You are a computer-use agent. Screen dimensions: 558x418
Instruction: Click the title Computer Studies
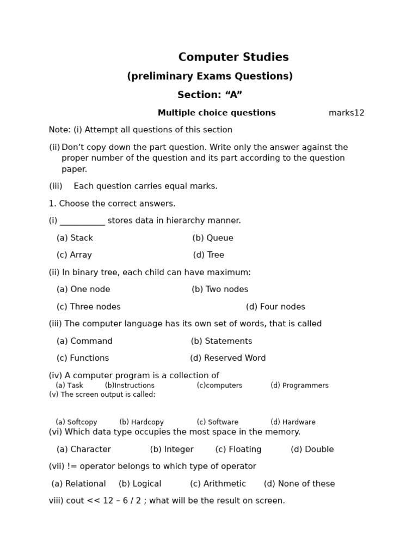point(233,57)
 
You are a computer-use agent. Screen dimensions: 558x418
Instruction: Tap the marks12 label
point(346,113)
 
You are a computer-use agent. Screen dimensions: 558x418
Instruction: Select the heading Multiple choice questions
point(217,113)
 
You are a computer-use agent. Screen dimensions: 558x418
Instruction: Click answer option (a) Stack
point(75,238)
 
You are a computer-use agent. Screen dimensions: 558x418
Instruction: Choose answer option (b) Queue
point(213,238)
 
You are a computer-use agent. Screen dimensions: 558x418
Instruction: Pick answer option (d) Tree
point(208,255)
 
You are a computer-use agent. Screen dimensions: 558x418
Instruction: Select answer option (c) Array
point(74,255)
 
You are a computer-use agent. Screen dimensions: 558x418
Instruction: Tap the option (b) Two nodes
point(220,289)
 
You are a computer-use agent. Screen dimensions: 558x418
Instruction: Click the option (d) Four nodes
point(275,307)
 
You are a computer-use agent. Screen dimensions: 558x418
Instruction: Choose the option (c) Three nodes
point(89,307)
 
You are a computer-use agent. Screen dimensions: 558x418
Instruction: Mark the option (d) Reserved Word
point(228,358)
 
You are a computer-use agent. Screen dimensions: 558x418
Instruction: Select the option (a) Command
point(84,341)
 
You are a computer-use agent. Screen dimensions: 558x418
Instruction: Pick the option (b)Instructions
point(130,385)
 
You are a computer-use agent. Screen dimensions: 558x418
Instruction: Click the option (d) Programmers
point(299,385)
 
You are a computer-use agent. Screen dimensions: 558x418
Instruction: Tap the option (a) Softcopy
point(76,422)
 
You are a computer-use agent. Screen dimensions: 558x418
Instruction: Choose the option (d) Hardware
point(293,422)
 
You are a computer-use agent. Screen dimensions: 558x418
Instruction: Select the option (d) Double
point(312,450)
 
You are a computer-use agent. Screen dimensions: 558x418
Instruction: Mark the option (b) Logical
point(140,484)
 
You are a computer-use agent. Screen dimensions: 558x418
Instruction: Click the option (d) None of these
point(299,484)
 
